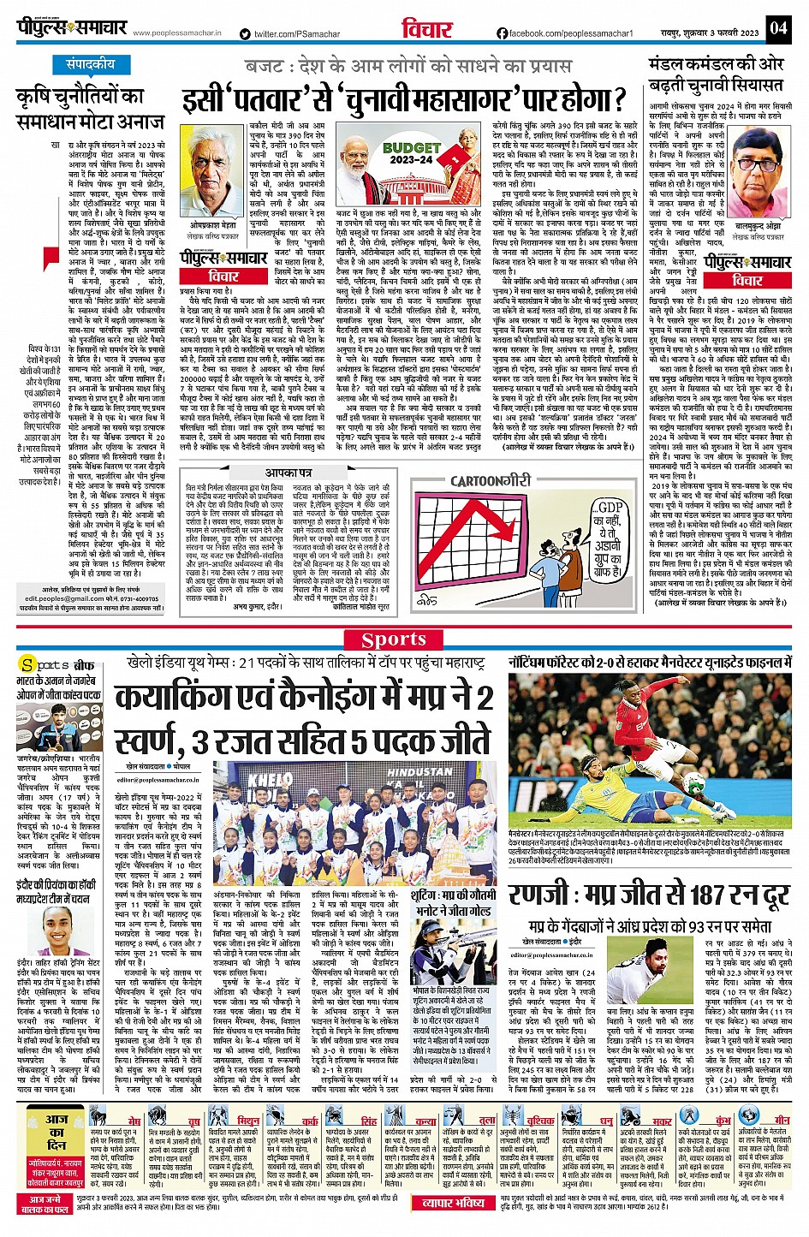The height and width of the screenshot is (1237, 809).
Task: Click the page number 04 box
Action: tap(777, 27)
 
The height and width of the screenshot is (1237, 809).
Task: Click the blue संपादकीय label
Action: tap(91, 64)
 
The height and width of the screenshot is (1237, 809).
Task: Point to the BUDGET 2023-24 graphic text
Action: tap(412, 153)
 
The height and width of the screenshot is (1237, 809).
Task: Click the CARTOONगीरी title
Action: tap(491, 481)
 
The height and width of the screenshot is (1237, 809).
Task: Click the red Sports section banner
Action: tap(393, 639)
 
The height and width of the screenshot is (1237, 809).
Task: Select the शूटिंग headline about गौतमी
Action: tap(454, 903)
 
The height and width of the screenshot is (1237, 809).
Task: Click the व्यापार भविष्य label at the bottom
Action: tap(454, 1203)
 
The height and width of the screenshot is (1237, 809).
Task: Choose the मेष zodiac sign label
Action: tap(134, 1121)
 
